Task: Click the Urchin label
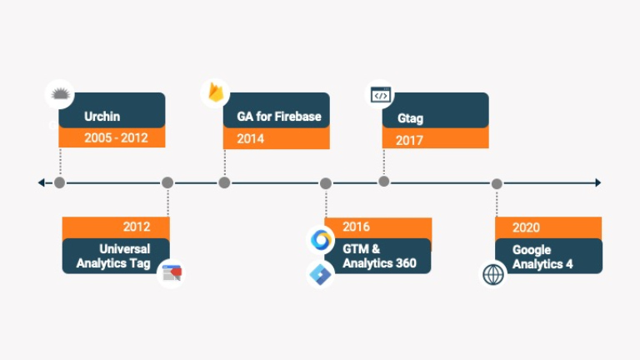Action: coord(102,117)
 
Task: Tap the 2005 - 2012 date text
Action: coord(115,138)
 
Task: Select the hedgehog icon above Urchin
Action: coord(58,93)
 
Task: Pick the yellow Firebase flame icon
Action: coord(216,92)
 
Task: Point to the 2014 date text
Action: coord(250,138)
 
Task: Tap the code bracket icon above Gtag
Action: coord(381,95)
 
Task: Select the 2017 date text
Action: coord(409,140)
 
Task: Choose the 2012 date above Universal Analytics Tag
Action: coord(136,227)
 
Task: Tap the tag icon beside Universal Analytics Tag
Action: coord(171,272)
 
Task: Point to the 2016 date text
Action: coord(356,227)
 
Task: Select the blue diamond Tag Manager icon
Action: coord(320,273)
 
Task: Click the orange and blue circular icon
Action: coord(321,241)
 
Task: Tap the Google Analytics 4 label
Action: coord(542,257)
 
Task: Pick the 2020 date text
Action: coord(526,227)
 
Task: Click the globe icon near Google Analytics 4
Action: coord(493,273)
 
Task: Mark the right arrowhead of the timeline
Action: coord(597,182)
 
